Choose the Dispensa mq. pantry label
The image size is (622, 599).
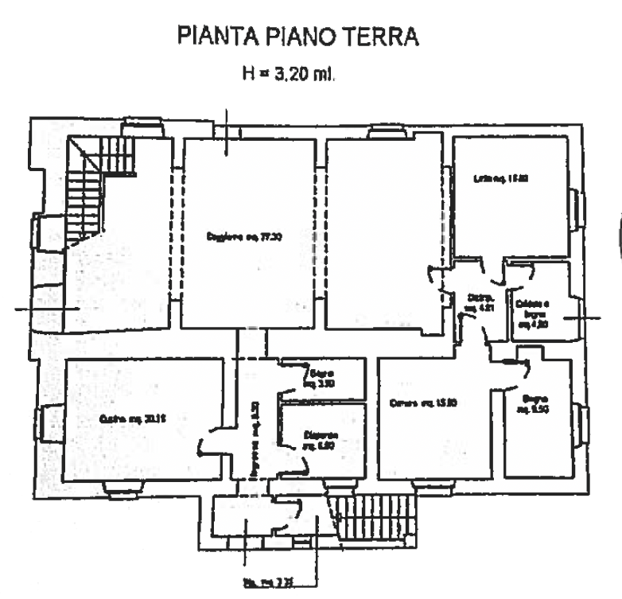tap(321, 440)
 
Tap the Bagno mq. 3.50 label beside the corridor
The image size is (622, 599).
tap(321, 377)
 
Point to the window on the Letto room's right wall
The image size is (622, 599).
tap(579, 204)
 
